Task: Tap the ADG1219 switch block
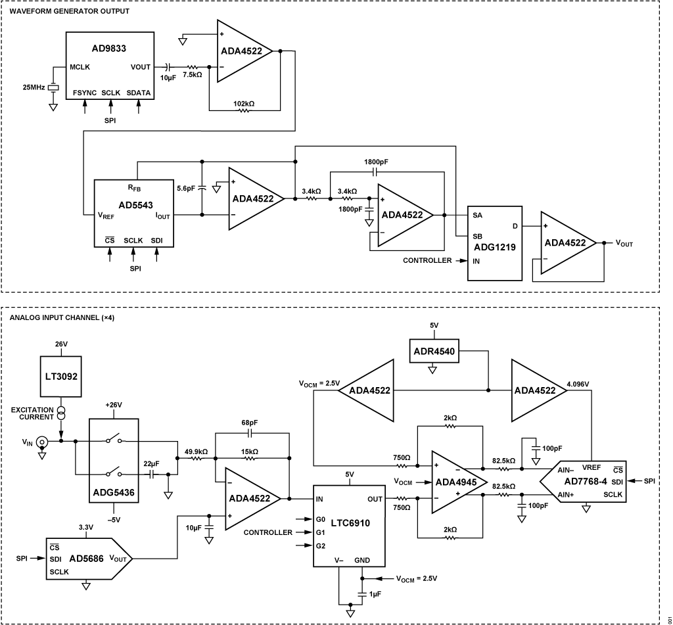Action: click(494, 243)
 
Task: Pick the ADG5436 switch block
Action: click(113, 460)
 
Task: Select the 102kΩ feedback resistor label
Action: click(243, 104)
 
